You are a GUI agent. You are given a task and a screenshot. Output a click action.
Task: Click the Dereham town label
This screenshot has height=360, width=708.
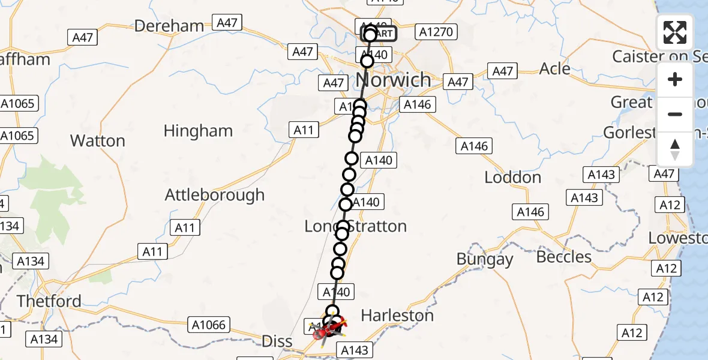pyautogui.click(x=169, y=26)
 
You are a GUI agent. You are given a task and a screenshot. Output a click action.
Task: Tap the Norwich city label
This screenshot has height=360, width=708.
pyautogui.click(x=393, y=79)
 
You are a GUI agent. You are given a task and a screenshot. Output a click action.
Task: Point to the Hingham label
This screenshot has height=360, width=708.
pyautogui.click(x=198, y=131)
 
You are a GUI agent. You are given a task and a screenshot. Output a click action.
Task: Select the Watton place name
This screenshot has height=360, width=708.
pyautogui.click(x=98, y=141)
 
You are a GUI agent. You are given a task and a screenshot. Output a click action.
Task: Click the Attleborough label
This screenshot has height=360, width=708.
pyautogui.click(x=214, y=195)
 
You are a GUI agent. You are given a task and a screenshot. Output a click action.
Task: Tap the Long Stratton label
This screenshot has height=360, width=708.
pyautogui.click(x=356, y=226)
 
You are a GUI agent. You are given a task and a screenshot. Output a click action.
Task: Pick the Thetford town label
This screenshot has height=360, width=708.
pyautogui.click(x=49, y=301)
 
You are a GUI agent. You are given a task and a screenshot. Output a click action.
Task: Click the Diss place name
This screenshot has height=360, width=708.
pyautogui.click(x=277, y=341)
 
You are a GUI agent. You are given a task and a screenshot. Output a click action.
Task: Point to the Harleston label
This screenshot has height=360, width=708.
pyautogui.click(x=397, y=315)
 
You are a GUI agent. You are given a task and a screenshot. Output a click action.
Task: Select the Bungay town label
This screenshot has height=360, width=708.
pyautogui.click(x=485, y=259)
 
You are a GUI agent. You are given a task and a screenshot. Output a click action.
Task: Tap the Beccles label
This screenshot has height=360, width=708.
pyautogui.click(x=564, y=257)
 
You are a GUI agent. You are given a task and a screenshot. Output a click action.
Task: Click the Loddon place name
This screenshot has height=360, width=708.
pyautogui.click(x=512, y=178)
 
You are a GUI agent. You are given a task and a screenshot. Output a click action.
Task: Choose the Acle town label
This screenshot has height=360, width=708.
pyautogui.click(x=554, y=69)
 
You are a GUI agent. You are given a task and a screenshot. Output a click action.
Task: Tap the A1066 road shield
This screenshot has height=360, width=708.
pyautogui.click(x=209, y=325)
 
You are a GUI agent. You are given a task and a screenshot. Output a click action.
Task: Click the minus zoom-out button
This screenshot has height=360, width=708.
pyautogui.click(x=675, y=114)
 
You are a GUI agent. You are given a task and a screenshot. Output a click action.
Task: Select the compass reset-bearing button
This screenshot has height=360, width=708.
pyautogui.click(x=675, y=149)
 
